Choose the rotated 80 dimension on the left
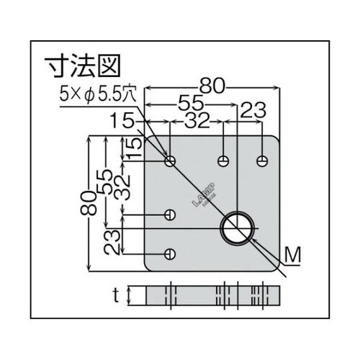89,204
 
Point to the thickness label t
115,294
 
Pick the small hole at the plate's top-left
170,160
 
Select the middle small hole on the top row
225,159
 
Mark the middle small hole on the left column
170,215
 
